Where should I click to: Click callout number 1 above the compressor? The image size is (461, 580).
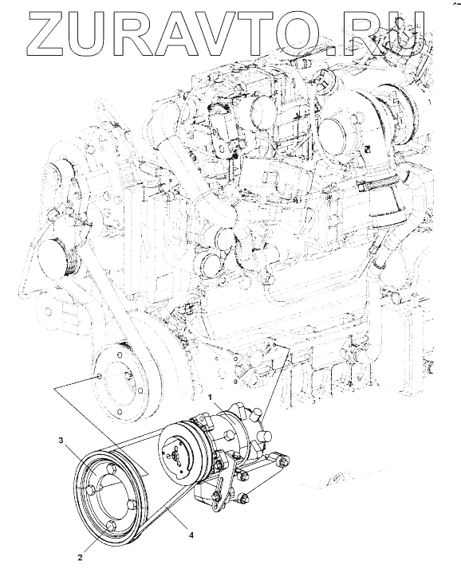[x=210, y=398]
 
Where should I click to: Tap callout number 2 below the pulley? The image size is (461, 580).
[x=81, y=557]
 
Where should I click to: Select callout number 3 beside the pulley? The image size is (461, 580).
[x=61, y=440]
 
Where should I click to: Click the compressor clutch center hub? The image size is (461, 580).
[x=174, y=456]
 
